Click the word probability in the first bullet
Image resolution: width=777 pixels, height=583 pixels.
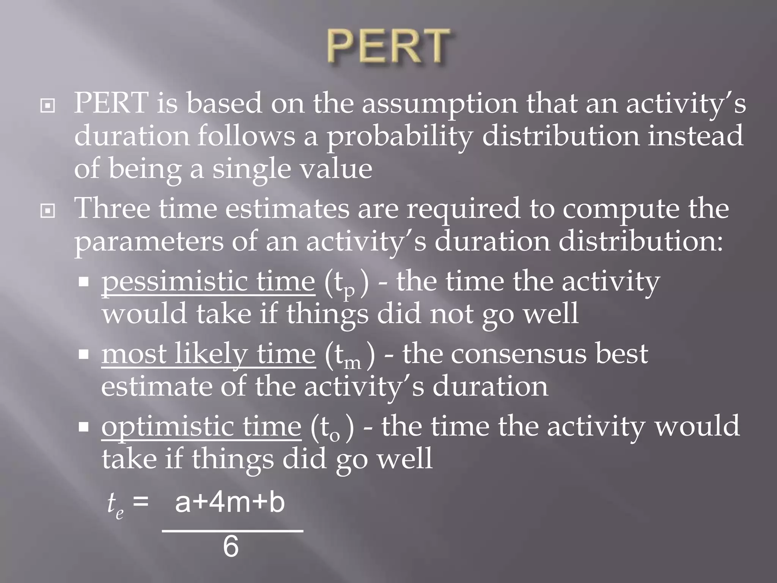[400, 137]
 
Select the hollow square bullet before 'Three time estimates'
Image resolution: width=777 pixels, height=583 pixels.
[48, 211]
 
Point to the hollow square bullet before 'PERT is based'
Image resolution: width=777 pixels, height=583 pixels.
[48, 106]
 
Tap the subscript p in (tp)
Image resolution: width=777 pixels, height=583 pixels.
[349, 291]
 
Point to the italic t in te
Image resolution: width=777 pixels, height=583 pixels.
[112, 503]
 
